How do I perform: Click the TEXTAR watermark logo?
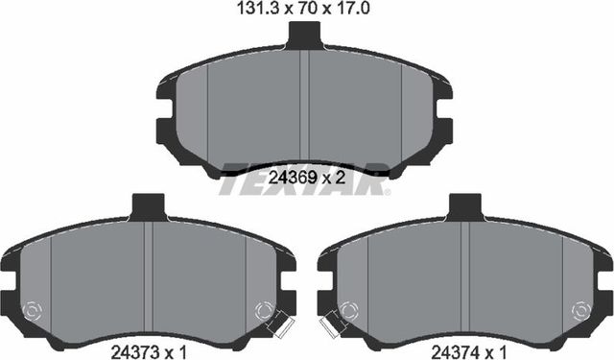pyautogui.click(x=305, y=180)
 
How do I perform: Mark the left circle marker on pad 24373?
pyautogui.click(x=32, y=311)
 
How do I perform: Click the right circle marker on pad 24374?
pyautogui.click(x=580, y=311)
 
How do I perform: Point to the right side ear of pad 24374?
pyautogui.click(x=605, y=288)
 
